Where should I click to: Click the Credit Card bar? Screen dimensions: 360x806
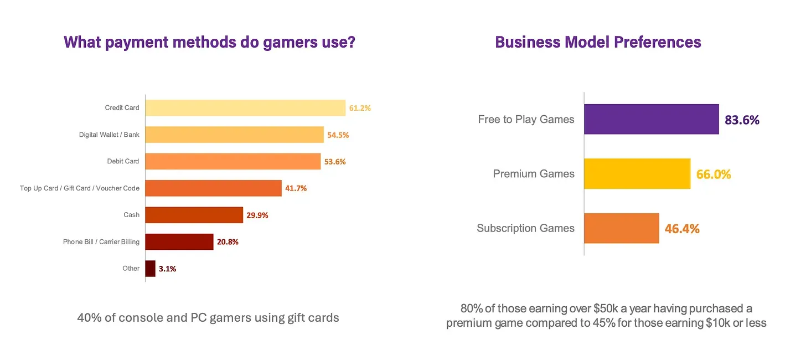pyautogui.click(x=245, y=108)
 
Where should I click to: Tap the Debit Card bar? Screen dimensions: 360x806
pyautogui.click(x=232, y=162)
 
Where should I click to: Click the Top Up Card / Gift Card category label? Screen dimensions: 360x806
pyautogui.click(x=80, y=188)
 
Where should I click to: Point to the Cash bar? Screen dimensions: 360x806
pyautogui.click(x=194, y=215)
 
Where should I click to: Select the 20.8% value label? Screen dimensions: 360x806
pyautogui.click(x=228, y=242)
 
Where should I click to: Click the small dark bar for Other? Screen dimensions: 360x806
pyautogui.click(x=150, y=269)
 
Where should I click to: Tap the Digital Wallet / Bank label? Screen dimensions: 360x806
pyautogui.click(x=109, y=135)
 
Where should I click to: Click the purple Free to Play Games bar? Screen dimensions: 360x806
pyautogui.click(x=651, y=119)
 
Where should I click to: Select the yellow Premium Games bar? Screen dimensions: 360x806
pyautogui.click(x=637, y=174)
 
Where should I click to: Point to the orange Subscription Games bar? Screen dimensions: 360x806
pyautogui.click(x=621, y=228)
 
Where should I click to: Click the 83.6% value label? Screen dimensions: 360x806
pyautogui.click(x=742, y=120)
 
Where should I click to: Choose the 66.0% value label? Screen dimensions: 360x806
pyautogui.click(x=714, y=174)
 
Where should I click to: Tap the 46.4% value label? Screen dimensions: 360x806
pyautogui.click(x=682, y=229)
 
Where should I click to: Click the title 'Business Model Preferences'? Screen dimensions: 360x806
pyautogui.click(x=598, y=42)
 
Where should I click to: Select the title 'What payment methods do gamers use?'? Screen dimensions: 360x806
pyautogui.click(x=209, y=42)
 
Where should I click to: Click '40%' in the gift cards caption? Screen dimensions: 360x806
pyautogui.click(x=89, y=318)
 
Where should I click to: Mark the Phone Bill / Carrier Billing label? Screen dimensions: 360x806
pyautogui.click(x=101, y=242)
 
